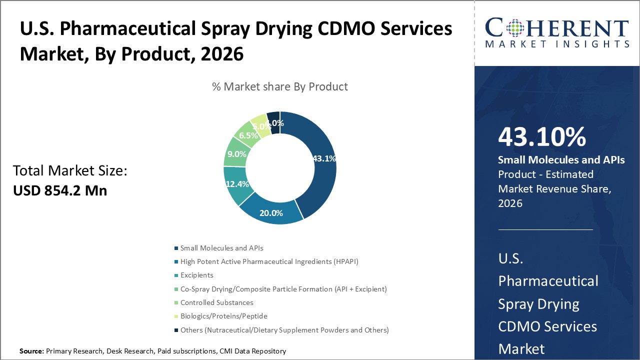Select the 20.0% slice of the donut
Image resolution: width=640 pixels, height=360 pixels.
[271, 212]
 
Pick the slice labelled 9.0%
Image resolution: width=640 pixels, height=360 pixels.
[235, 154]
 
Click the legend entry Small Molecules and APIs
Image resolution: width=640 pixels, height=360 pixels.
[221, 248]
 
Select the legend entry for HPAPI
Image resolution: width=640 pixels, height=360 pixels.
[269, 261]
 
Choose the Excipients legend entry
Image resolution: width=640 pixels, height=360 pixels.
[196, 275]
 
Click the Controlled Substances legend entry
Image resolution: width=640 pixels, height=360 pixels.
[216, 302]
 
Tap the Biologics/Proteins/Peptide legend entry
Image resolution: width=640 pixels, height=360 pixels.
[223, 316]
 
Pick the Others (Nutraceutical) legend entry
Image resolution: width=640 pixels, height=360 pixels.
[284, 330]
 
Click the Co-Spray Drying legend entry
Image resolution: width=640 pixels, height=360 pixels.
[283, 289]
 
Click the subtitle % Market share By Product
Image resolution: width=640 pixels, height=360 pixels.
[280, 86]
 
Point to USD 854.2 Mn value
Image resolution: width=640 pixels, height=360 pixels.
[60, 190]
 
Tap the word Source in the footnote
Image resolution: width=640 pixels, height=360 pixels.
[31, 351]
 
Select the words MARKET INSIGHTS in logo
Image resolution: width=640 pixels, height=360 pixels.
[557, 44]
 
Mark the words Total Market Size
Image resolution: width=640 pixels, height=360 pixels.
[70, 171]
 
